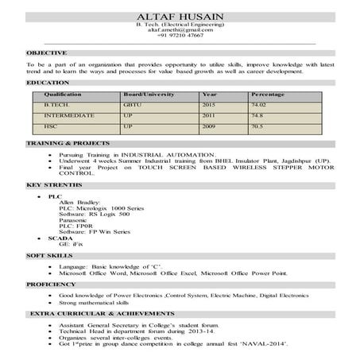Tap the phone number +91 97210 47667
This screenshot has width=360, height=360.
(x=180, y=36)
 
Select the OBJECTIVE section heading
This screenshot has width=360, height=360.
(x=46, y=52)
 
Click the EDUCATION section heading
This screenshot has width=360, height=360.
(x=48, y=83)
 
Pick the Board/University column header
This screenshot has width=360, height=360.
(x=148, y=95)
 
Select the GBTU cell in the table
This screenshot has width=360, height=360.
(x=131, y=105)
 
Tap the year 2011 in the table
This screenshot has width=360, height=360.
(x=209, y=116)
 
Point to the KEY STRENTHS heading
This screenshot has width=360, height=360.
(x=53, y=185)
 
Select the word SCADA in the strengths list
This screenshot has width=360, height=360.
(x=59, y=238)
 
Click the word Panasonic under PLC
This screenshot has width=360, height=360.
(x=74, y=220)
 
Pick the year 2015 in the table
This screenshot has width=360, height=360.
(x=209, y=105)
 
